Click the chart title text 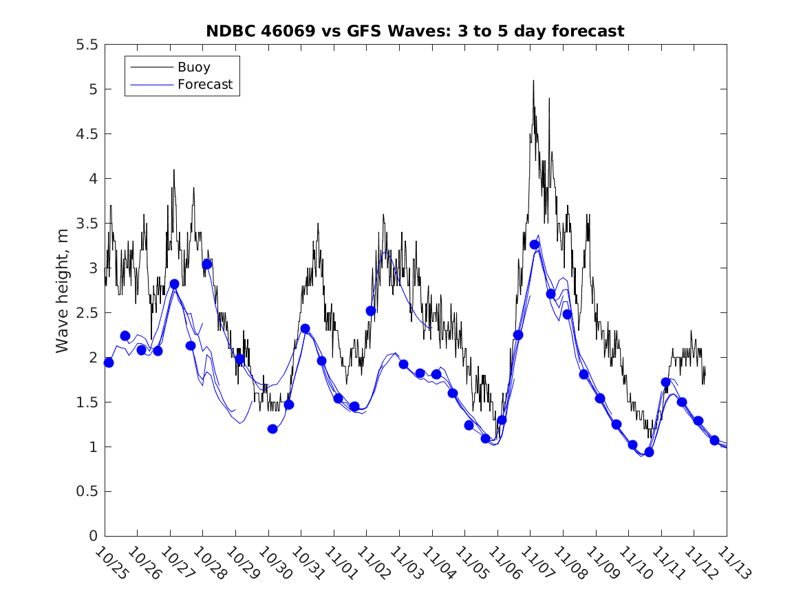415,31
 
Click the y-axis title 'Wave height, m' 63,290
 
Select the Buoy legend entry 193,67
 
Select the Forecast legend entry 204,85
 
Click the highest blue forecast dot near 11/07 535,245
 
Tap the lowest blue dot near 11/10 649,452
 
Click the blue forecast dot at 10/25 109,363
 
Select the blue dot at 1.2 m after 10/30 272,429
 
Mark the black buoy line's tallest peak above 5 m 533,80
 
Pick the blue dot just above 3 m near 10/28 207,264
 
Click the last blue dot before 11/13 714,440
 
